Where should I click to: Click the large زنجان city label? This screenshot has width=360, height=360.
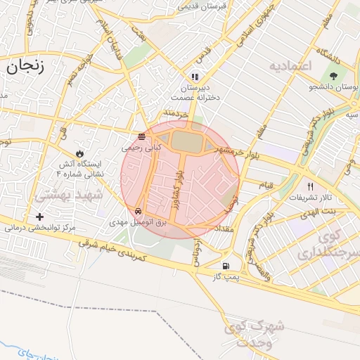(x=25, y=67)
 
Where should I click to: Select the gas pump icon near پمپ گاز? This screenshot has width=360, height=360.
(x=225, y=266)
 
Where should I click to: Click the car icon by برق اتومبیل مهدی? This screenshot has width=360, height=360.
(x=139, y=210)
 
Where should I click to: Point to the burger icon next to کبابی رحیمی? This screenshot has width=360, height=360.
(x=142, y=136)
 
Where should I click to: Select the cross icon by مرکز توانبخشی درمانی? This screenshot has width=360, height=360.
(x=39, y=217)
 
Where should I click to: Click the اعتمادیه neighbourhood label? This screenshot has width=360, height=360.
(x=289, y=65)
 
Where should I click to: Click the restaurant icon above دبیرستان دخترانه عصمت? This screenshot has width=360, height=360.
(x=195, y=76)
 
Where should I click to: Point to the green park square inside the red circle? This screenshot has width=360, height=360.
(x=186, y=141)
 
